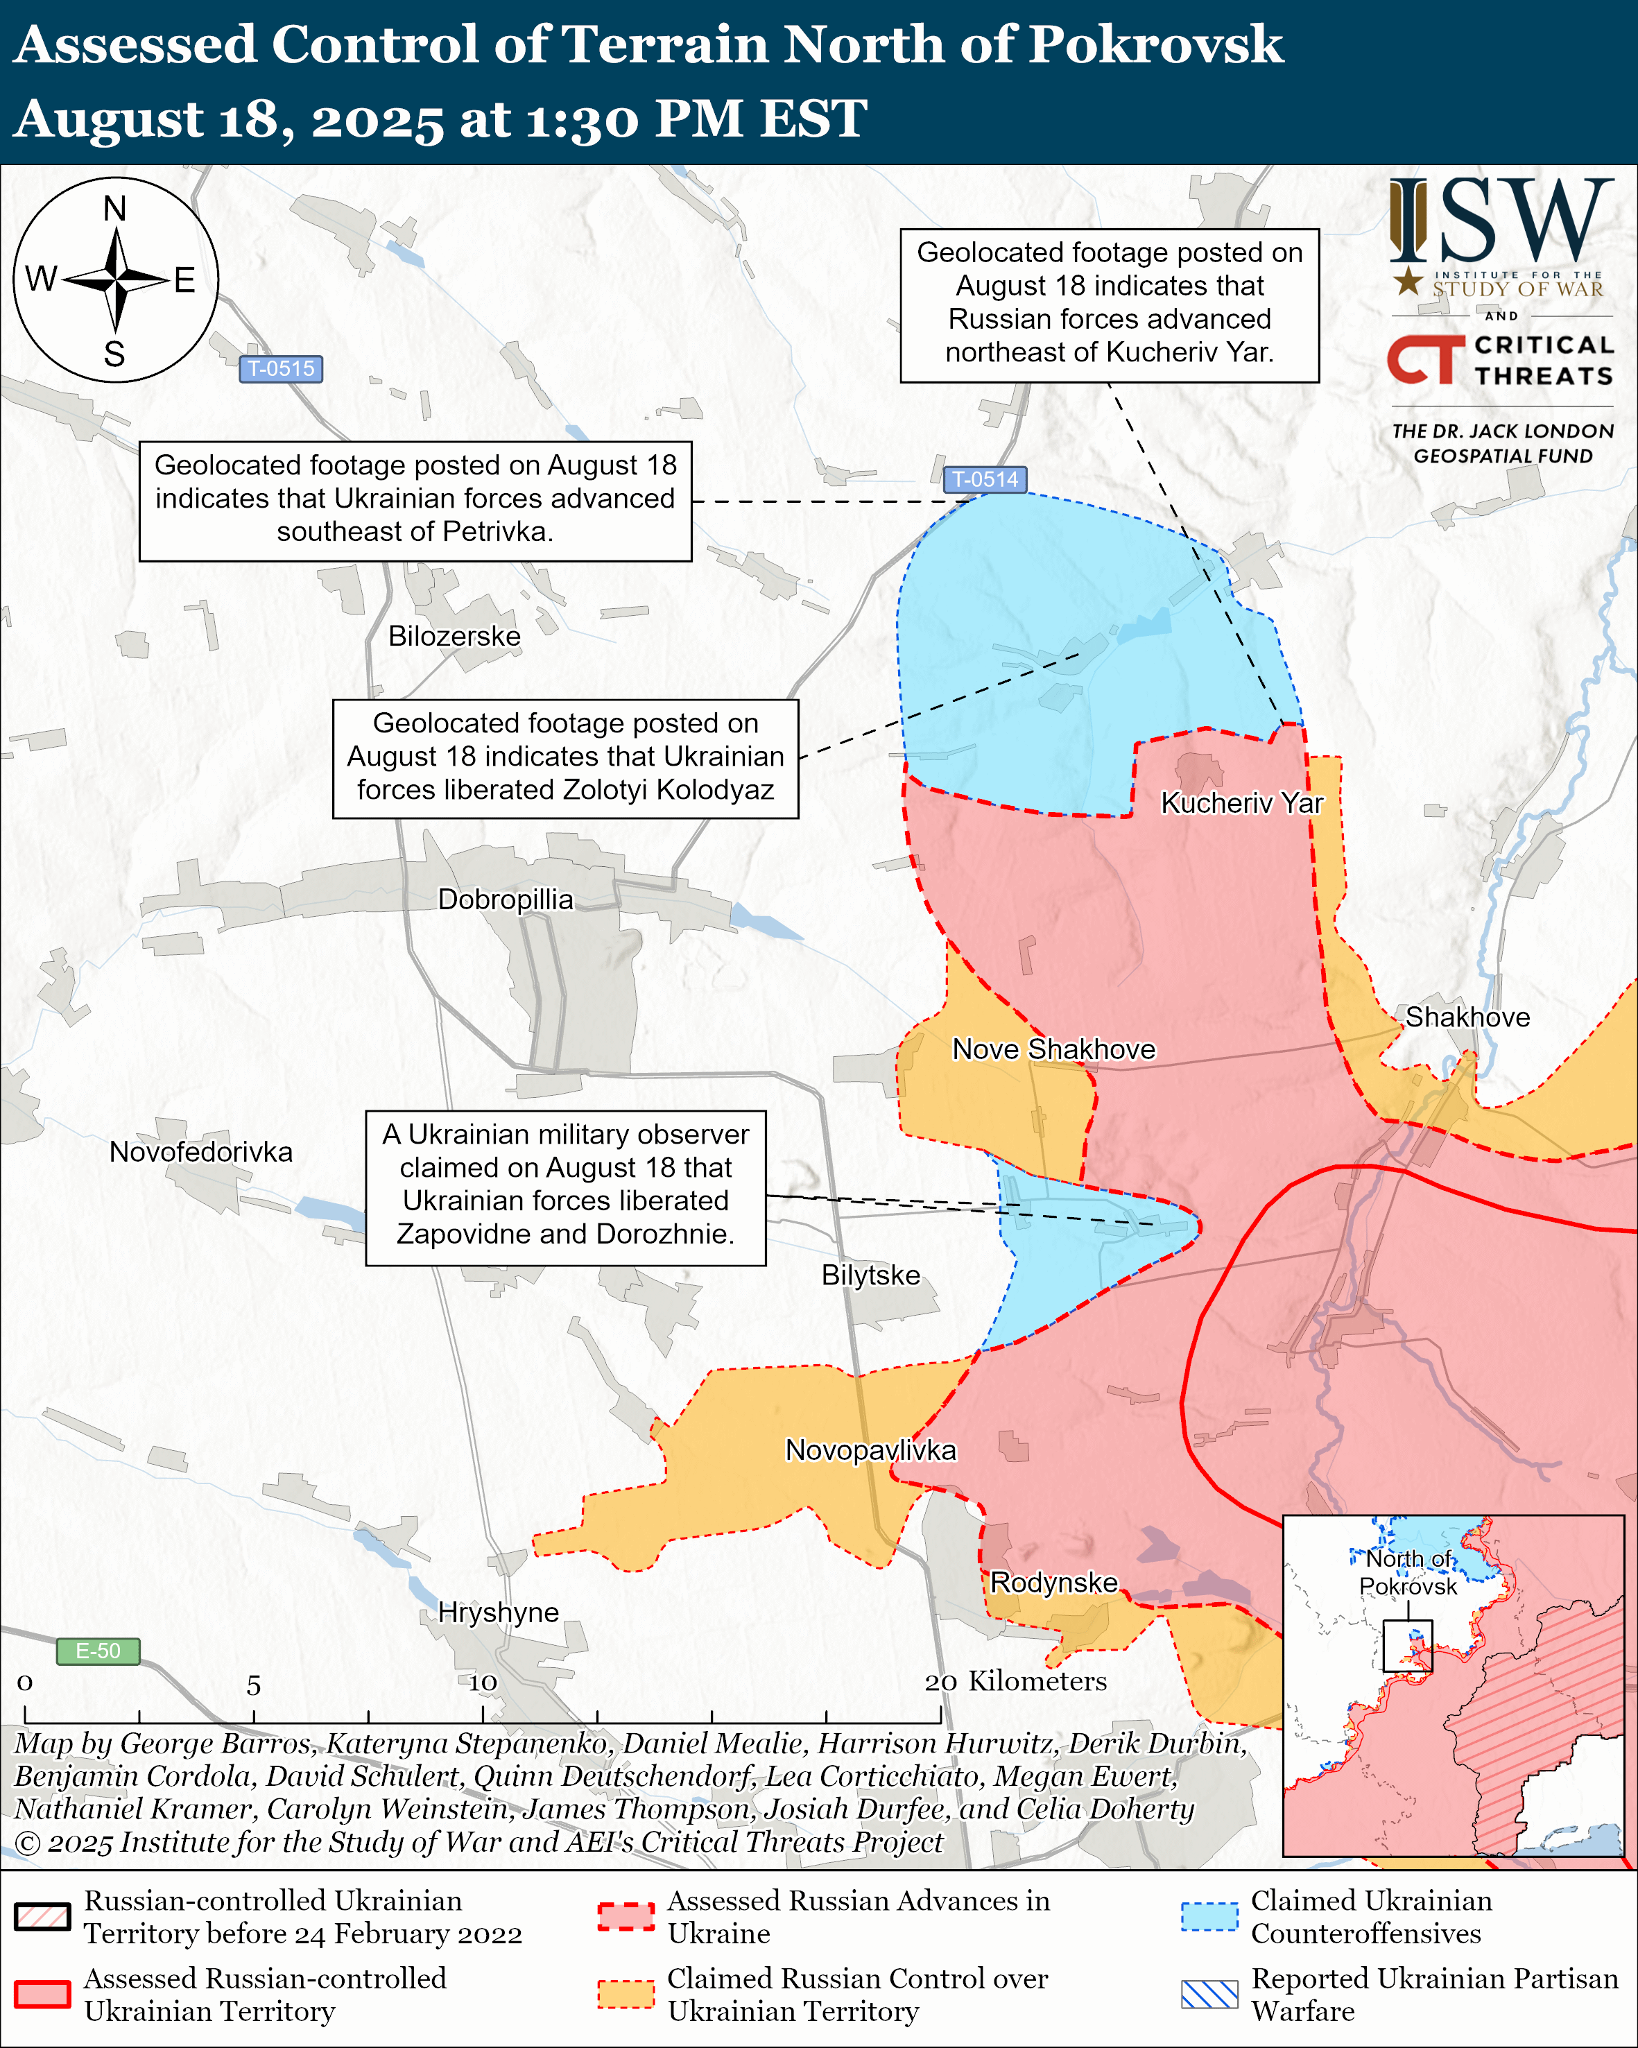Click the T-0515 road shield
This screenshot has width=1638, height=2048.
point(281,368)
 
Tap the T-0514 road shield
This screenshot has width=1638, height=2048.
point(985,480)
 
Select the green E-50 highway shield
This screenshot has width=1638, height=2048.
point(98,1651)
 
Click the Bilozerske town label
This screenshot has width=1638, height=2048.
point(454,637)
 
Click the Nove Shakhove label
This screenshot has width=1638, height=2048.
point(1054,1049)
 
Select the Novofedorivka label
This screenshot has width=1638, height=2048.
point(201,1151)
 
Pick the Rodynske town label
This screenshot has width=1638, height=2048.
point(1054,1583)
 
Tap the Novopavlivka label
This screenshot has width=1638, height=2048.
point(871,1449)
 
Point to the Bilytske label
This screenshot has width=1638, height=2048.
point(871,1275)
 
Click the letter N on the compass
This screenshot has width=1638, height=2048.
point(115,208)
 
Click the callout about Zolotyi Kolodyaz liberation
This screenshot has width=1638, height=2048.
point(565,757)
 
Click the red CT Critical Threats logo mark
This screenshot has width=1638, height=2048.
point(1424,359)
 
